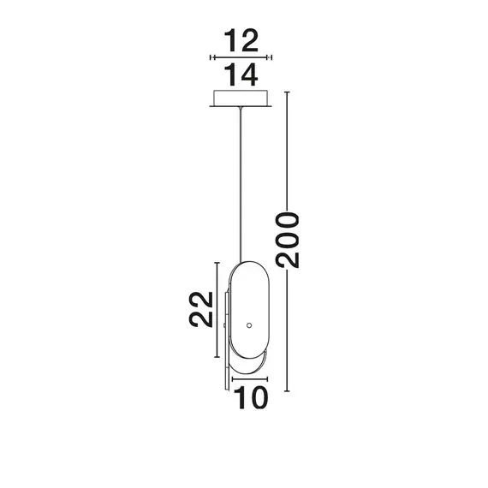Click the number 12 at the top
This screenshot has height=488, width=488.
(x=241, y=40)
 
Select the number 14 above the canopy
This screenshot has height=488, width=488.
(x=241, y=75)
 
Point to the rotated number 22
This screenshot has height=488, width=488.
(x=200, y=310)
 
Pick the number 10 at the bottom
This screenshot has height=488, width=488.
(x=249, y=397)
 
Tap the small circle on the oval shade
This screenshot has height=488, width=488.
(x=250, y=324)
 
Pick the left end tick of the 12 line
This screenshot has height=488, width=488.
(x=211, y=57)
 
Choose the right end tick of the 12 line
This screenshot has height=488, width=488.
(x=271, y=57)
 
